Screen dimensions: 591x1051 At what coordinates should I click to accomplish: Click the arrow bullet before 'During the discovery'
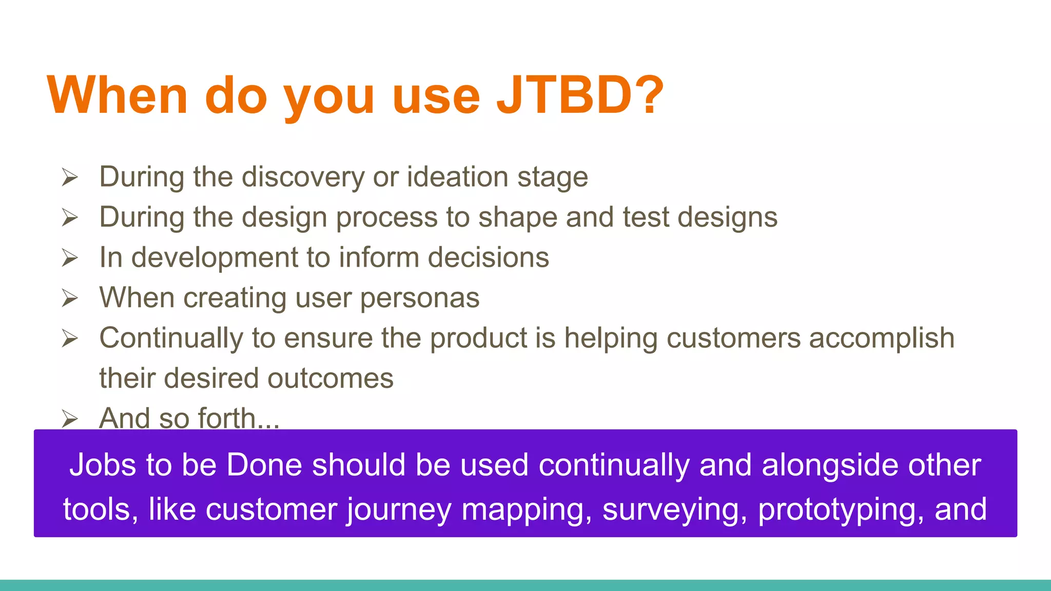click(x=70, y=178)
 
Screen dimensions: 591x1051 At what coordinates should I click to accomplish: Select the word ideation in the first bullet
click(x=457, y=177)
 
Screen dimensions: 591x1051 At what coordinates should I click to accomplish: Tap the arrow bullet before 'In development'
click(x=70, y=258)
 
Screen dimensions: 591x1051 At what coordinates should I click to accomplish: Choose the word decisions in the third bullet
click(x=488, y=258)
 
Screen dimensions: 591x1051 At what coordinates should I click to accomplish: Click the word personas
click(x=419, y=299)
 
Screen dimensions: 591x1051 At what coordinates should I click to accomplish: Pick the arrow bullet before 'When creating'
click(x=70, y=298)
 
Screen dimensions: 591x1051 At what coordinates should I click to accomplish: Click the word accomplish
click(x=881, y=339)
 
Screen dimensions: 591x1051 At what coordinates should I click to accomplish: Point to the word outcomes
click(x=330, y=379)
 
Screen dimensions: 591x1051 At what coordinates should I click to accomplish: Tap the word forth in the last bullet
click(x=227, y=418)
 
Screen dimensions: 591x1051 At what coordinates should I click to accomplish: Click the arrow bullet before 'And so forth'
click(x=70, y=419)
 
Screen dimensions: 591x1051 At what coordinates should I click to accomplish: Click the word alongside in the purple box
click(x=830, y=465)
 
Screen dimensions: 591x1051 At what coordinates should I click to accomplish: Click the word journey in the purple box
click(x=399, y=510)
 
